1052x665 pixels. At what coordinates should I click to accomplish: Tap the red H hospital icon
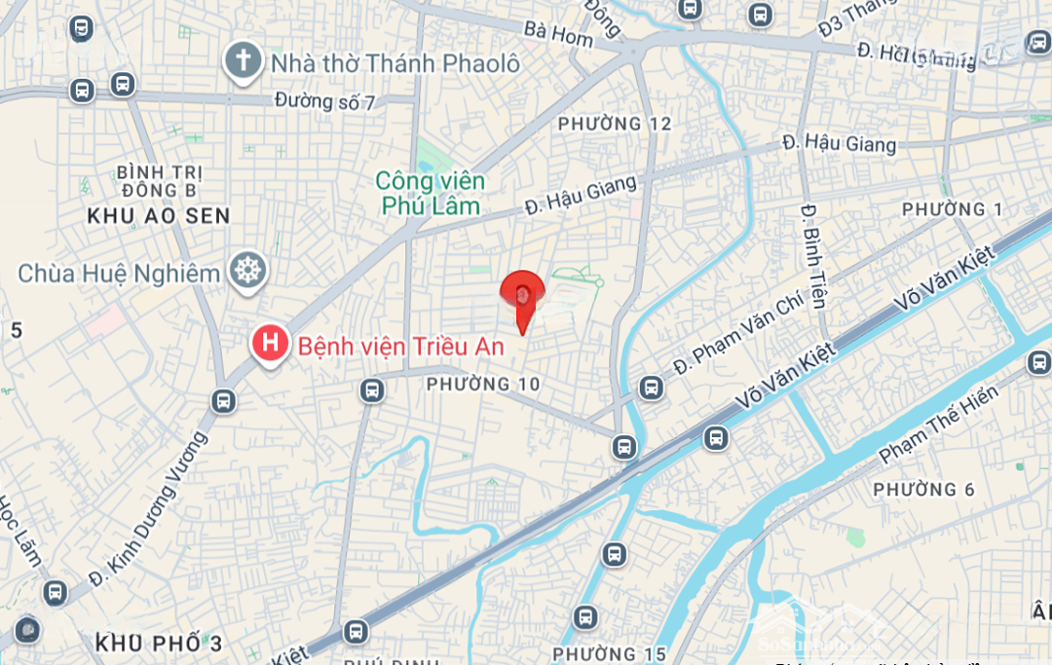pyautogui.click(x=270, y=344)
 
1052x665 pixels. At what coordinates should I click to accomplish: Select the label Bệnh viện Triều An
pyautogui.click(x=401, y=346)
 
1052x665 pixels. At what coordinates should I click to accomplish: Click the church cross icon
pyautogui.click(x=242, y=61)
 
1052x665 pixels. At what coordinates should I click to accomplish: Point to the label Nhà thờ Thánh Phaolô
pyautogui.click(x=395, y=63)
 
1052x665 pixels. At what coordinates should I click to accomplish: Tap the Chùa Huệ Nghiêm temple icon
pyautogui.click(x=248, y=272)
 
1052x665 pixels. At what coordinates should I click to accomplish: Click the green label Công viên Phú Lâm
pyautogui.click(x=431, y=193)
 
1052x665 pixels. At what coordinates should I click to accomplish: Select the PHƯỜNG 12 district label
pyautogui.click(x=615, y=124)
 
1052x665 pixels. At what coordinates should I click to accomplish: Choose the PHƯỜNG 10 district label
pyautogui.click(x=483, y=385)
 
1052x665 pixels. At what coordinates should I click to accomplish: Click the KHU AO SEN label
pyautogui.click(x=159, y=216)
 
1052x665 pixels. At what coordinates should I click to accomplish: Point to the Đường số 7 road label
pyautogui.click(x=324, y=100)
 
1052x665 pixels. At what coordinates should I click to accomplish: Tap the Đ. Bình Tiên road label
pyautogui.click(x=813, y=255)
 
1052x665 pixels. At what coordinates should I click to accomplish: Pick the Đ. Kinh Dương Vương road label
pyautogui.click(x=148, y=509)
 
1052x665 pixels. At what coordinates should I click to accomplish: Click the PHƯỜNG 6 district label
pyautogui.click(x=923, y=489)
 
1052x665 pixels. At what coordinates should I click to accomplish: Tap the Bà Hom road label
pyautogui.click(x=558, y=32)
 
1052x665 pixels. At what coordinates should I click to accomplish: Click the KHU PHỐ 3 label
pyautogui.click(x=160, y=643)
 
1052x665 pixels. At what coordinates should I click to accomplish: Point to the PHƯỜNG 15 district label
pyautogui.click(x=610, y=653)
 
